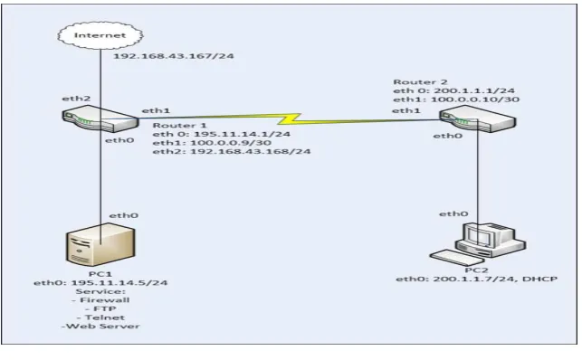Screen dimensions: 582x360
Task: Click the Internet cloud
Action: pyautogui.click(x=100, y=35)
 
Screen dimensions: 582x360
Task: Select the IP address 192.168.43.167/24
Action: pyautogui.click(x=174, y=56)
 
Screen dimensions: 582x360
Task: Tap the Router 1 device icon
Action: pyautogui.click(x=100, y=118)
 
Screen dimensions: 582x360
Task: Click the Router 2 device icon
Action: pyautogui.click(x=478, y=118)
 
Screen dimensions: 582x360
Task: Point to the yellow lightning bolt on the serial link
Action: pyautogui.click(x=289, y=119)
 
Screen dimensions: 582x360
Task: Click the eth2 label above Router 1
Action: pyautogui.click(x=76, y=99)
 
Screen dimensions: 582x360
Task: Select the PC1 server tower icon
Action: pyautogui.click(x=100, y=244)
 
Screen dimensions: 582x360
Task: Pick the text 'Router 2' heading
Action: pyautogui.click(x=420, y=82)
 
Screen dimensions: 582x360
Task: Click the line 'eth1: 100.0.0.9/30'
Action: pyautogui.click(x=212, y=143)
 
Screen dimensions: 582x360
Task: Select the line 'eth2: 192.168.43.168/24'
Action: pyautogui.click(x=232, y=151)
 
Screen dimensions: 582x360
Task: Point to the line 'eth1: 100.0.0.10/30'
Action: pyautogui.click(x=456, y=99)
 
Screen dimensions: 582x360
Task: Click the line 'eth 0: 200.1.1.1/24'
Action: pyautogui.click(x=454, y=90)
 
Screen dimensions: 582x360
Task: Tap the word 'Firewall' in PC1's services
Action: pyautogui.click(x=105, y=300)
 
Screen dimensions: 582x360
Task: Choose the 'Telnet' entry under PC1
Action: pyautogui.click(x=105, y=317)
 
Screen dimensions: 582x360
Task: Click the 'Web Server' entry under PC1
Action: pyautogui.click(x=103, y=327)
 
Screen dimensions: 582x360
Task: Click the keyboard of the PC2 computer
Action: pyautogui.click(x=453, y=257)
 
